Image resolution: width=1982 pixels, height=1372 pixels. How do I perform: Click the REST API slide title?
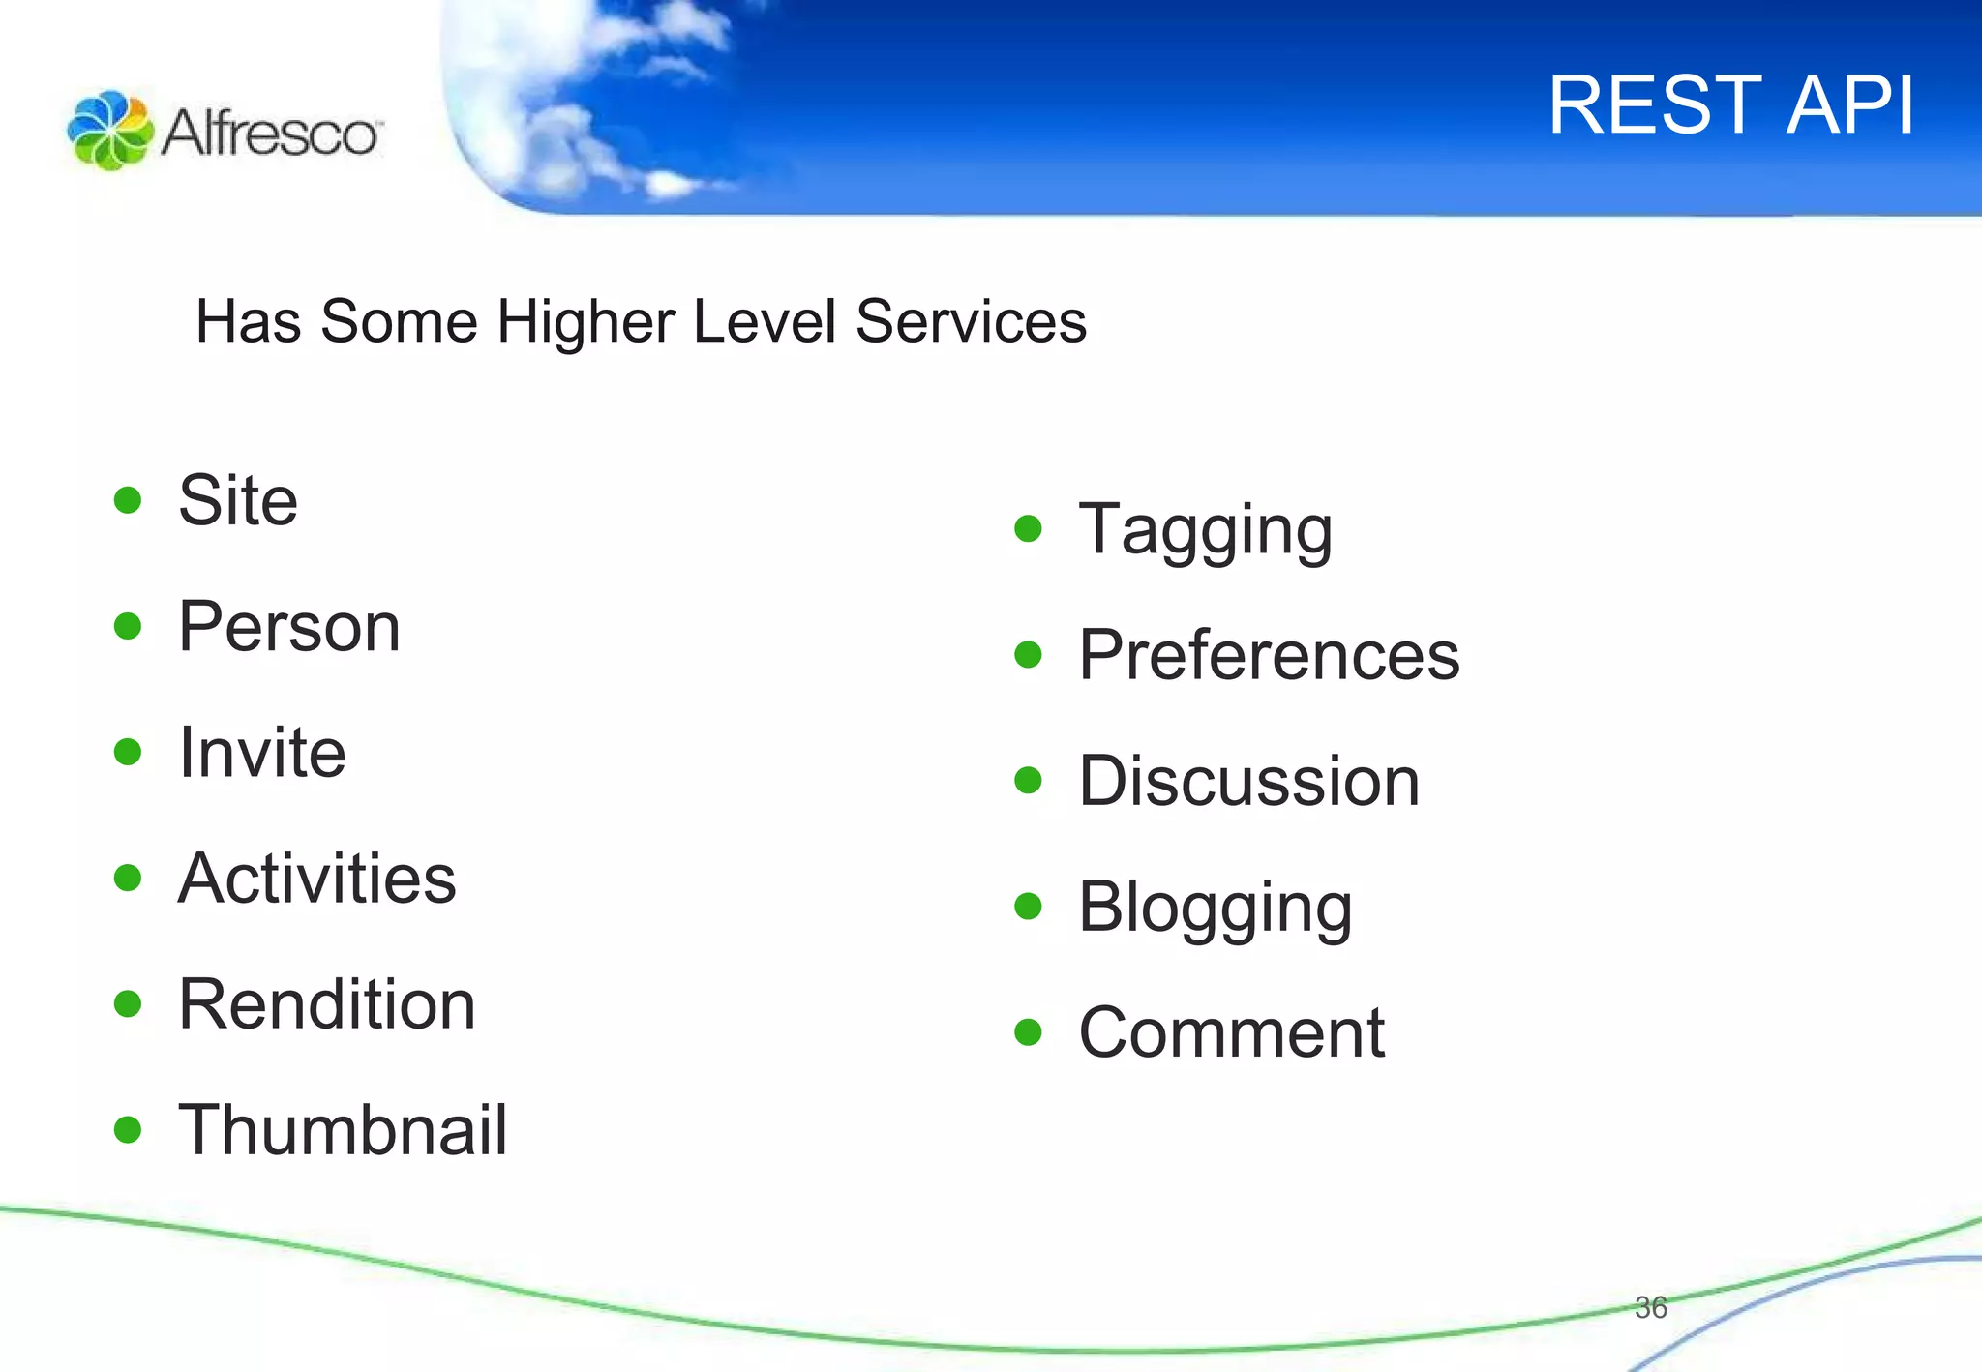pyautogui.click(x=1730, y=104)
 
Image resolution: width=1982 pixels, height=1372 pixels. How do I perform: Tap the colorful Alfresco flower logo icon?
pyautogui.click(x=109, y=131)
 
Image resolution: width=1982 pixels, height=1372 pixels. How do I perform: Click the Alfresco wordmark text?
pyautogui.click(x=271, y=133)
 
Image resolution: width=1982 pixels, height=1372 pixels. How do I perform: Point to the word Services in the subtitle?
pyautogui.click(x=971, y=321)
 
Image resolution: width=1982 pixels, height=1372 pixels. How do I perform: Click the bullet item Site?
pyautogui.click(x=238, y=501)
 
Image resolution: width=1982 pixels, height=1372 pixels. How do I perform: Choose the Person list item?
pyautogui.click(x=288, y=627)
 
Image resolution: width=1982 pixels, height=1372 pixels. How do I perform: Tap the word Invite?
pyautogui.click(x=261, y=753)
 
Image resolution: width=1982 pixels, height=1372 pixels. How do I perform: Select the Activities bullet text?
pyautogui.click(x=316, y=879)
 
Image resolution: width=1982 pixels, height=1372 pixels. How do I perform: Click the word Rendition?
pyautogui.click(x=327, y=1004)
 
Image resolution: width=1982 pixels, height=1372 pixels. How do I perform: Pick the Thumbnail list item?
pyautogui.click(x=343, y=1130)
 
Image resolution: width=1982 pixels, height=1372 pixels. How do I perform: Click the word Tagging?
pyautogui.click(x=1206, y=531)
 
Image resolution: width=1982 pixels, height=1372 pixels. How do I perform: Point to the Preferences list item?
pyautogui.click(x=1269, y=656)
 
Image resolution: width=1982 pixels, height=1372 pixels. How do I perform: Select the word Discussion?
pyautogui.click(x=1248, y=782)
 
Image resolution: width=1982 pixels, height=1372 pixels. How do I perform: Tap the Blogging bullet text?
pyautogui.click(x=1216, y=909)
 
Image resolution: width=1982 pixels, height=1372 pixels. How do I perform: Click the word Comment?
pyautogui.click(x=1231, y=1033)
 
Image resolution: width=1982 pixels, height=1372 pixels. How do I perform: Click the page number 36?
pyautogui.click(x=1650, y=1308)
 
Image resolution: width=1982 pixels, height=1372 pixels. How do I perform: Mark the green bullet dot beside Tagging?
pyautogui.click(x=1028, y=529)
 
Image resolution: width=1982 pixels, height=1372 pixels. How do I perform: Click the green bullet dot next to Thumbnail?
pyautogui.click(x=128, y=1129)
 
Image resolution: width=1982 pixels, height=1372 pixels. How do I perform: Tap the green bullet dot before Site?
pyautogui.click(x=128, y=500)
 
